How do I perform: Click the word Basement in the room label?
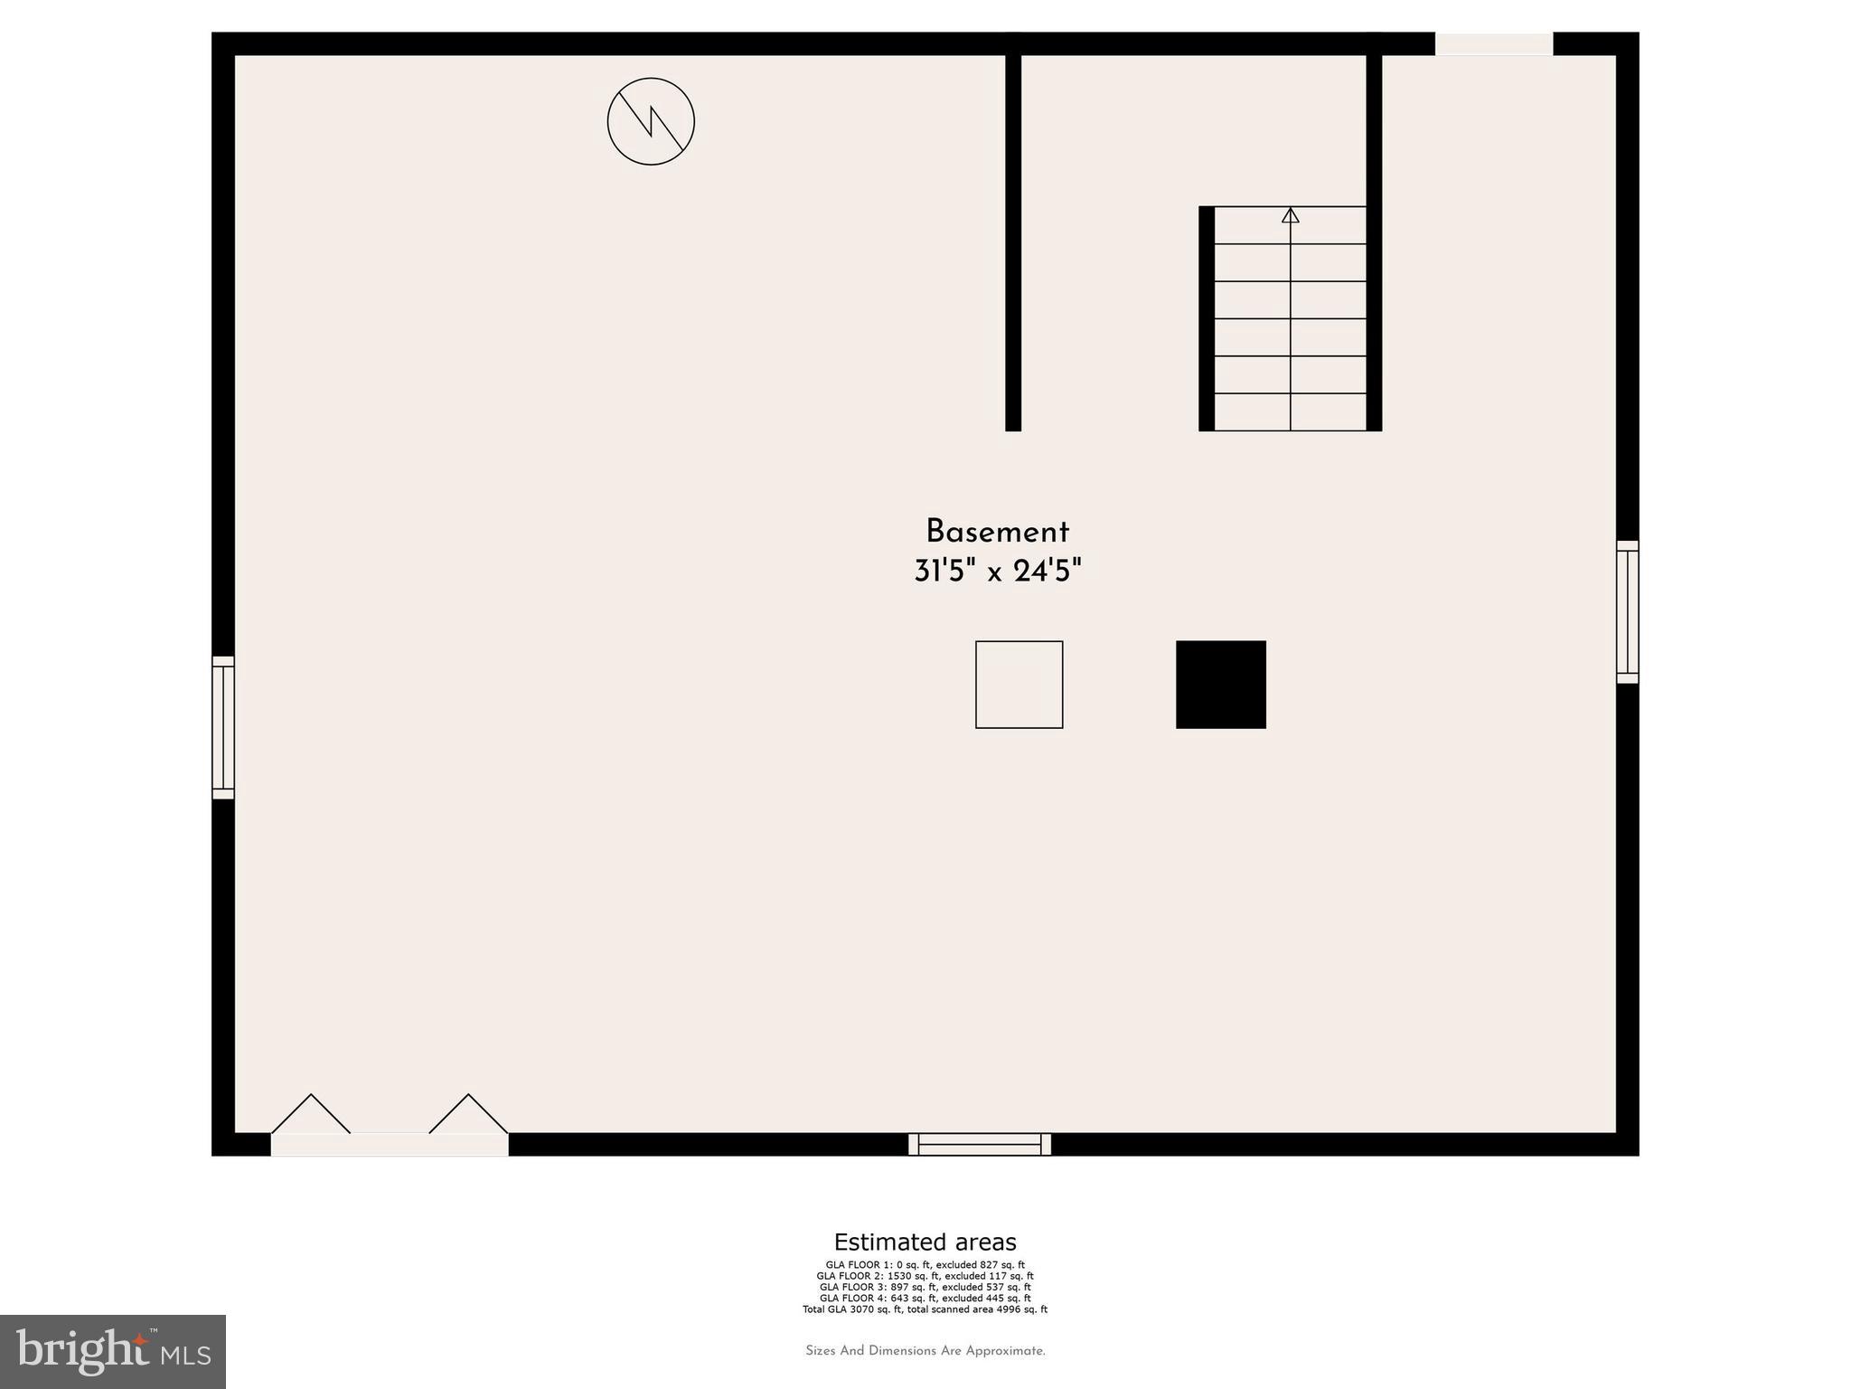click(997, 532)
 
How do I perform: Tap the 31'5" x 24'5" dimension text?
click(997, 572)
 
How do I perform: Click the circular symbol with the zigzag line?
click(651, 121)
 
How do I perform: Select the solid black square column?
click(1220, 685)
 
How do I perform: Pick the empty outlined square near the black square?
click(1019, 685)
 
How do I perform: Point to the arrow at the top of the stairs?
click(1290, 216)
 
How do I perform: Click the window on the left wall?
click(223, 727)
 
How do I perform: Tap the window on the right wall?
click(1627, 611)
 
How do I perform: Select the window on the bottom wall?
click(980, 1144)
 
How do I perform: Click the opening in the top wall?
click(1494, 43)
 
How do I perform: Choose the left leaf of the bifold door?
click(311, 1115)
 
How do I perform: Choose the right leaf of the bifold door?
click(468, 1115)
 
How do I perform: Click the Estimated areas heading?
click(925, 1242)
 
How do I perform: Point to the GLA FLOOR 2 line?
click(925, 1276)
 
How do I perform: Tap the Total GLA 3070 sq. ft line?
click(925, 1309)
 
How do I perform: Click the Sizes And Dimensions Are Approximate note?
click(925, 1351)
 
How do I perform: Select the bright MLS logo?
click(113, 1351)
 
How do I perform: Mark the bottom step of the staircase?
click(1290, 412)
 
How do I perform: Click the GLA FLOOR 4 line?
click(925, 1298)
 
